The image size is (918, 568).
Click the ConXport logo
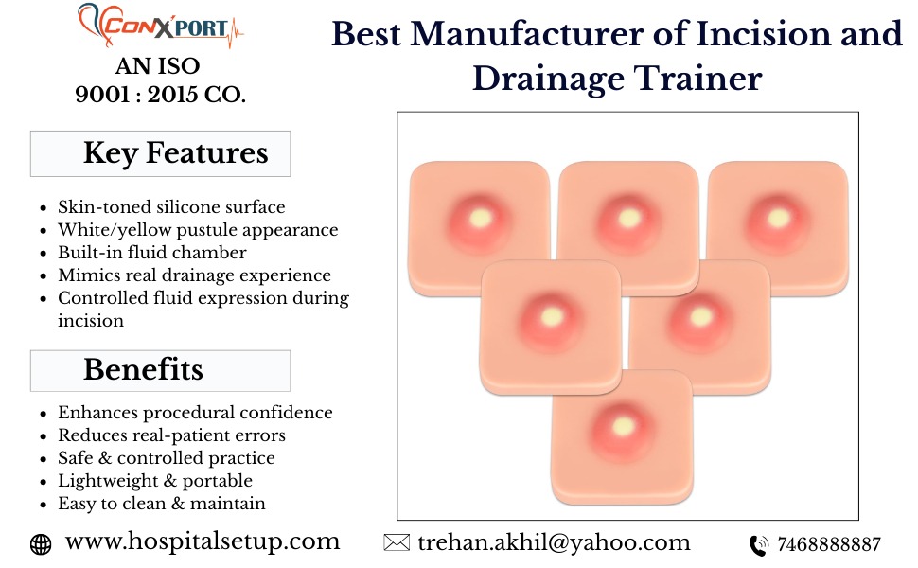click(x=160, y=26)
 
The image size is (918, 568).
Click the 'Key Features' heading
click(x=176, y=152)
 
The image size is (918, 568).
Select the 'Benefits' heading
click(x=144, y=369)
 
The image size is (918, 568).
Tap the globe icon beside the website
click(x=41, y=544)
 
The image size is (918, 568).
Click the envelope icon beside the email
click(x=397, y=542)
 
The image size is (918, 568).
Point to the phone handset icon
click(x=759, y=545)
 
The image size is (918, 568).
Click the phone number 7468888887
click(x=828, y=544)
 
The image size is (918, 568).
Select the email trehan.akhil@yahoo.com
click(x=554, y=542)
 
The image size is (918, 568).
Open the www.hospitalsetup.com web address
click(x=203, y=541)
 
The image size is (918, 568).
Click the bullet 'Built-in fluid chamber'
click(x=152, y=253)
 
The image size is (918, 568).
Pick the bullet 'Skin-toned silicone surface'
click(x=171, y=206)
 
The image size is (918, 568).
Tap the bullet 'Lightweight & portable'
click(x=155, y=481)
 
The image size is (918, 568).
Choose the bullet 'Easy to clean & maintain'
click(x=162, y=504)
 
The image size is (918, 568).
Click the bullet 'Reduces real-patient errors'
click(x=171, y=435)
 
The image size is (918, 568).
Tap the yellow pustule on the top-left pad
click(x=480, y=218)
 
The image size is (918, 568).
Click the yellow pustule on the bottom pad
click(x=623, y=426)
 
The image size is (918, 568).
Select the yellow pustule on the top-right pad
click(x=779, y=218)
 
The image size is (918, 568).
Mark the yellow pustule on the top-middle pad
click(x=629, y=218)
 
